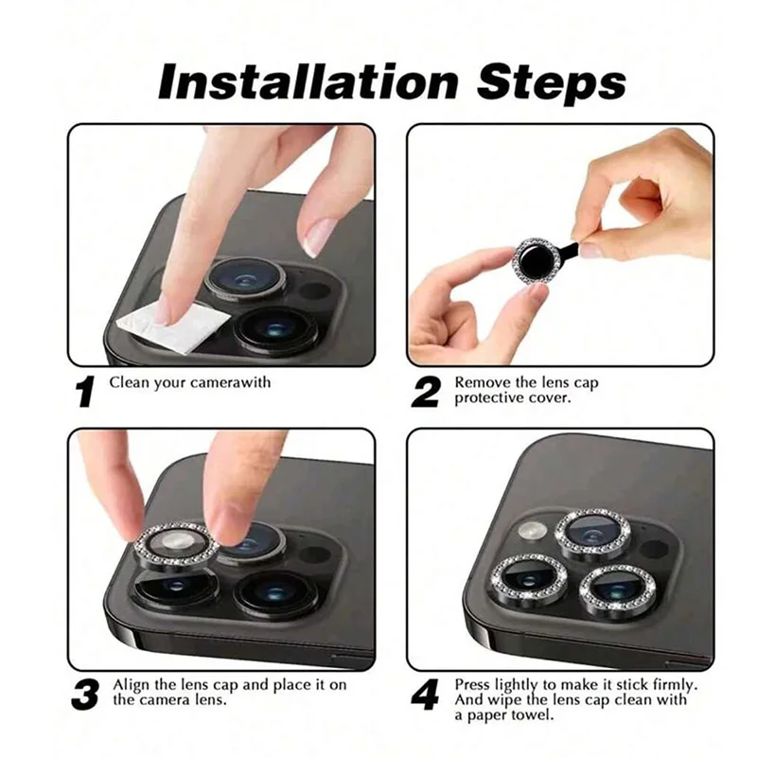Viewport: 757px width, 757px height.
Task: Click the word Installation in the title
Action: click(308, 81)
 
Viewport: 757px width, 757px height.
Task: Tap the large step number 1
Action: click(85, 392)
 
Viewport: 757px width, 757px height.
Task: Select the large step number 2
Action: click(425, 392)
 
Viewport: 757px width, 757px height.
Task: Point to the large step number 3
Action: click(85, 695)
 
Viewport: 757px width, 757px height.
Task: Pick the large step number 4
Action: click(425, 695)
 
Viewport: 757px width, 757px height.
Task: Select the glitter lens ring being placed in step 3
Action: click(176, 545)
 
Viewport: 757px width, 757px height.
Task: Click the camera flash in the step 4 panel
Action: click(533, 530)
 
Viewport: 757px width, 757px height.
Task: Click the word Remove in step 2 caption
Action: click(482, 382)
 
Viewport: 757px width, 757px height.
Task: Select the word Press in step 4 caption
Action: click(473, 684)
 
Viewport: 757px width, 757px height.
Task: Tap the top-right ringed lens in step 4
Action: click(592, 535)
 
